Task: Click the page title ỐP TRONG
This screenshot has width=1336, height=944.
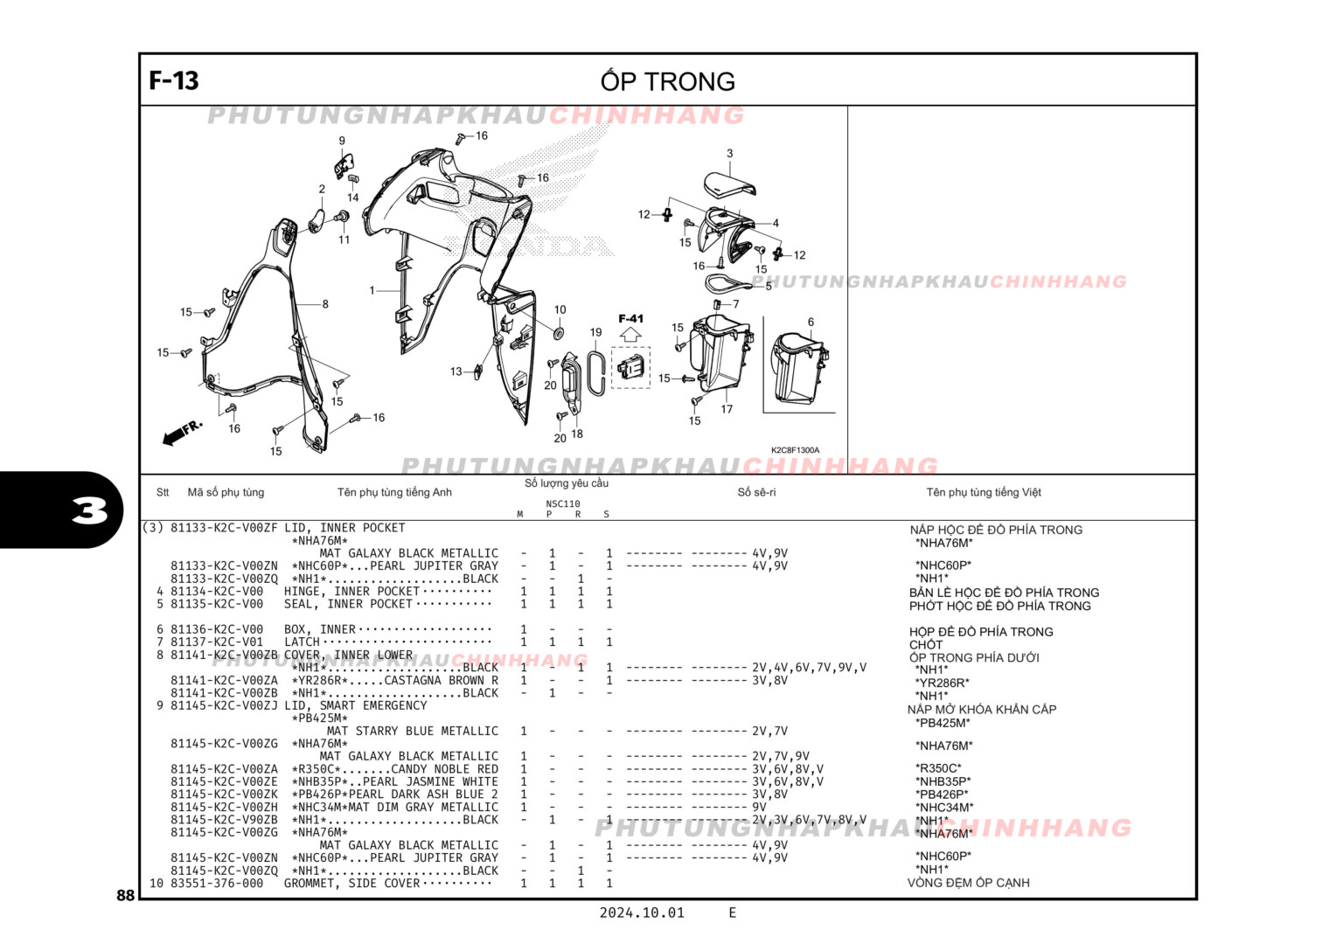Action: click(667, 81)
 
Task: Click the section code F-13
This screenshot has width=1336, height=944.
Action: click(174, 80)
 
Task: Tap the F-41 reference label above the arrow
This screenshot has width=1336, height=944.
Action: click(630, 319)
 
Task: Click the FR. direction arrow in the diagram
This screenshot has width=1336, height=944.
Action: click(182, 432)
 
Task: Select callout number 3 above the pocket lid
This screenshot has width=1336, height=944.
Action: click(729, 154)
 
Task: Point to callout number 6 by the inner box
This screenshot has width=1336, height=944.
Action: click(811, 323)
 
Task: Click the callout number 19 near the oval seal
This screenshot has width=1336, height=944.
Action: click(595, 332)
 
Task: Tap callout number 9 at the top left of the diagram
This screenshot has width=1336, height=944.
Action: click(342, 141)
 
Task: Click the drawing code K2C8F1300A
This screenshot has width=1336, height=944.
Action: click(795, 450)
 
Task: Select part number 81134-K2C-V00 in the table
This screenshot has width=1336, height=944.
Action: click(216, 592)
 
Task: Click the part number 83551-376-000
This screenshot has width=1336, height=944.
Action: click(216, 884)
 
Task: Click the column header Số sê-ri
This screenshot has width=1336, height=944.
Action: click(756, 492)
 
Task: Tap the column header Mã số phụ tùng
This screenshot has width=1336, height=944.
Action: click(226, 492)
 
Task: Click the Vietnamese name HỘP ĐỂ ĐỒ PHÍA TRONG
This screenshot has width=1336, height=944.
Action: click(980, 632)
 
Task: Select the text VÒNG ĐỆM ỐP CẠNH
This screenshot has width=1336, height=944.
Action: click(968, 883)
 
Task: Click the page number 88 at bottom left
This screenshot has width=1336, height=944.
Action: click(125, 895)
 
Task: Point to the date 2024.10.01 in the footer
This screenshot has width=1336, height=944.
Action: click(641, 913)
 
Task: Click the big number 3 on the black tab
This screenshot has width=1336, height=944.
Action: click(89, 510)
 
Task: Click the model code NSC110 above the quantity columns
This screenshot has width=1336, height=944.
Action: click(562, 503)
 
